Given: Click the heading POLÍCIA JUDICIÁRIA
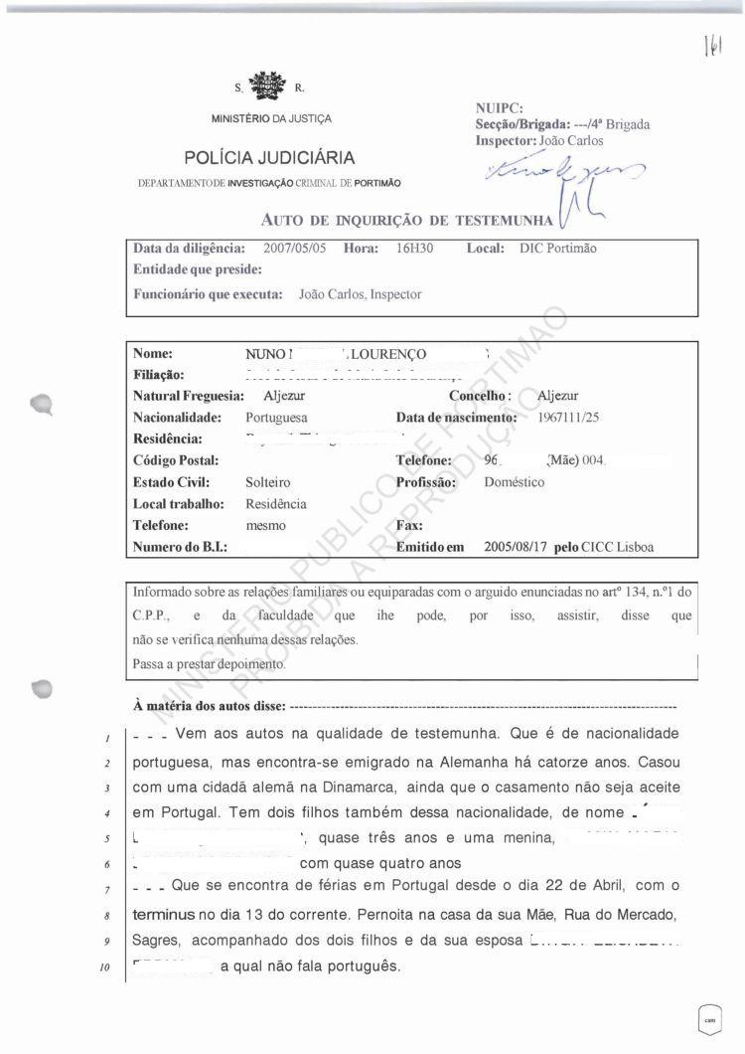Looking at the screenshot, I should [269, 158].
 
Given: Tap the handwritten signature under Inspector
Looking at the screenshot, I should [551, 176].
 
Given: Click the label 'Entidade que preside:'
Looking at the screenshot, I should [198, 268].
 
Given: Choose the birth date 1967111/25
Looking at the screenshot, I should [569, 418].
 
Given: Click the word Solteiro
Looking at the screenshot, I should [267, 482].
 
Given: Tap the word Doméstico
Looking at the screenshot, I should [514, 482].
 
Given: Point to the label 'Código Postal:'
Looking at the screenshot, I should [175, 460].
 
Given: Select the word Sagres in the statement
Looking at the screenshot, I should [155, 939].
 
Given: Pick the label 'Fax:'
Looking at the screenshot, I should [409, 525].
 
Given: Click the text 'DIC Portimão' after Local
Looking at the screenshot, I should [558, 248].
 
